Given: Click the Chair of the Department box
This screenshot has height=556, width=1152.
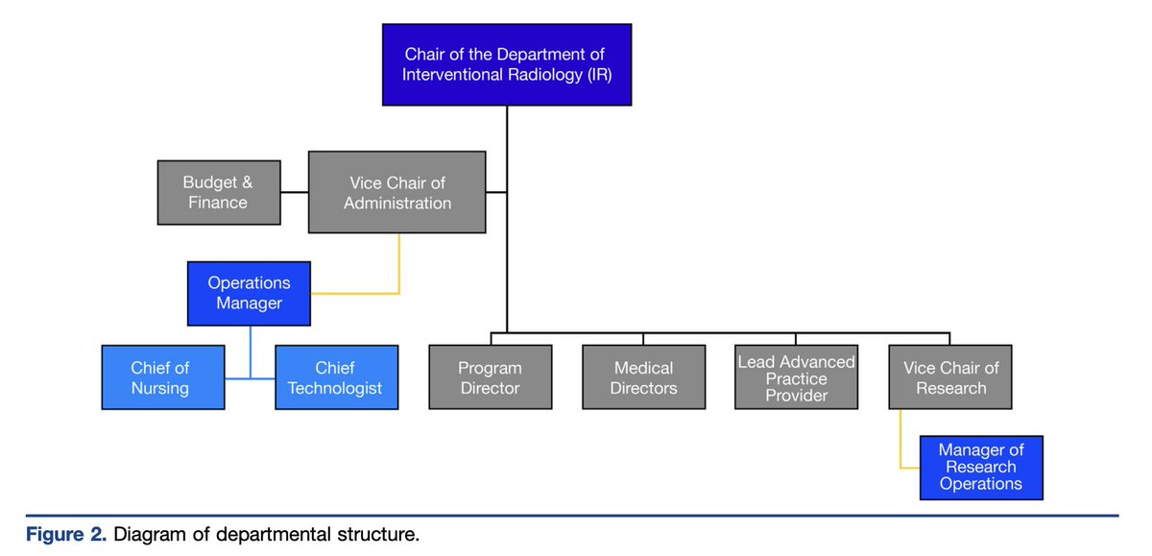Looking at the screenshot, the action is [507, 64].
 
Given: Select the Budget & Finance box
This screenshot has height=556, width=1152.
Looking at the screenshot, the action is [219, 192].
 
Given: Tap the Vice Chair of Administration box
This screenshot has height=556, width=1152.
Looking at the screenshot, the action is [397, 192].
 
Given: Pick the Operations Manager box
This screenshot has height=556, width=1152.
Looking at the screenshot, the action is [249, 293].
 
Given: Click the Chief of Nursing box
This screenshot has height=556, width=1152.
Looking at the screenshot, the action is [163, 377].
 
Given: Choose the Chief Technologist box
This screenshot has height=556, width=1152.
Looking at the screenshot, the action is [337, 377].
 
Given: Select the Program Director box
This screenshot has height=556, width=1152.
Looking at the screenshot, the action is [491, 377].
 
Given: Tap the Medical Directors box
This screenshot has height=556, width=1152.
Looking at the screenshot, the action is [644, 377].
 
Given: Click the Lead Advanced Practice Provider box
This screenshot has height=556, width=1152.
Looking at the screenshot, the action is [797, 377].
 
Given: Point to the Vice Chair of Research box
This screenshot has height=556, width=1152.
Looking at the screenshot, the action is [950, 377].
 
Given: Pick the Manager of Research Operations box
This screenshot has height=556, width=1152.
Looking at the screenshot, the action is [982, 468].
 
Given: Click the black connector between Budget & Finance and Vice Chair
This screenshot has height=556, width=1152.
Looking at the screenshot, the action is [294, 192].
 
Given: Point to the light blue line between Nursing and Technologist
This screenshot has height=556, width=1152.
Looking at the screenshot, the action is [250, 378].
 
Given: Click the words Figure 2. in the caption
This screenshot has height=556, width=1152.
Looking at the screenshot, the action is [66, 535].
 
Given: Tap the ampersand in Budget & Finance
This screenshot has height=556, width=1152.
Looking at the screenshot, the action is [248, 182].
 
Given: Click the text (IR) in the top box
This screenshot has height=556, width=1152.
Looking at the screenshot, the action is [600, 75].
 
